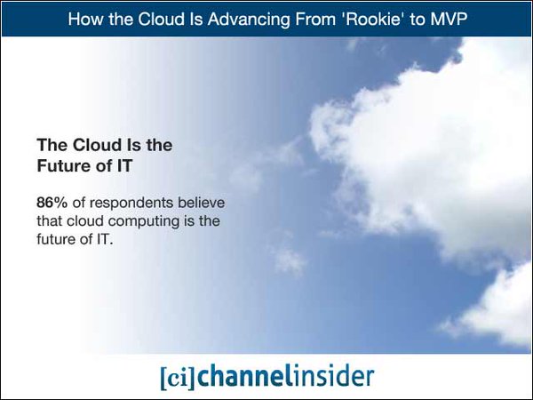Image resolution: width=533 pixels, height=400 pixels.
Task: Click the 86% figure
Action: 50,204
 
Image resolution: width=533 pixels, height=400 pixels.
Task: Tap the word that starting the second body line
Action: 50,220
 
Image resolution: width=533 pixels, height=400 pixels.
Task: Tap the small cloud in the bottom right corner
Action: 497,307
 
